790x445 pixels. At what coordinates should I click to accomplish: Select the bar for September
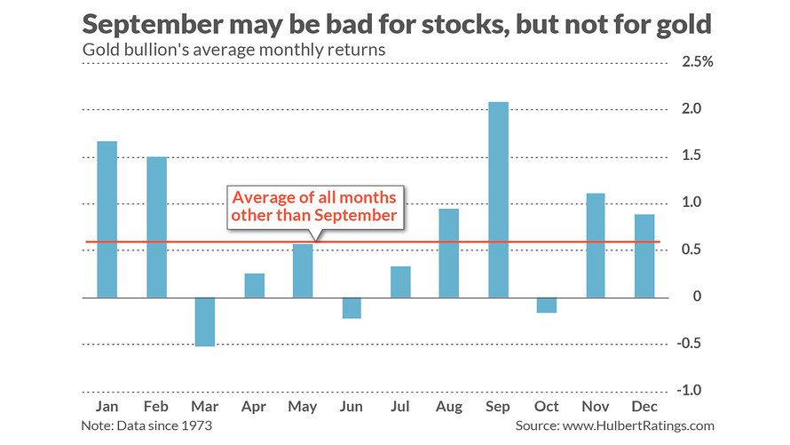pyautogui.click(x=498, y=200)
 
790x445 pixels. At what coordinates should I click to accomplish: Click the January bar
pyautogui.click(x=107, y=219)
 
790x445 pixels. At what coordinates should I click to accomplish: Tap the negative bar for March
pyautogui.click(x=205, y=322)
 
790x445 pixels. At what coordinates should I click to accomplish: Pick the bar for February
pyautogui.click(x=156, y=226)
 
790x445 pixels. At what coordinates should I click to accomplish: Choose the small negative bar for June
pyautogui.click(x=352, y=307)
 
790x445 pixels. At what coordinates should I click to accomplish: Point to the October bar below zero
pyautogui.click(x=547, y=305)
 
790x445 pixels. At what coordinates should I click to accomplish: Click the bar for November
pyautogui.click(x=596, y=245)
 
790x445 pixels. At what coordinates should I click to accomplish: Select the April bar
pyautogui.click(x=254, y=285)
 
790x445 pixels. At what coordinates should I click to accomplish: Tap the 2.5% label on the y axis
pyautogui.click(x=695, y=62)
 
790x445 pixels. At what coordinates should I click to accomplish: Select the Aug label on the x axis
pyautogui.click(x=449, y=406)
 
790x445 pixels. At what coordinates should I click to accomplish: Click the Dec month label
pyautogui.click(x=645, y=406)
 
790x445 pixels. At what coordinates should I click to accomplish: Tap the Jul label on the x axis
pyautogui.click(x=400, y=406)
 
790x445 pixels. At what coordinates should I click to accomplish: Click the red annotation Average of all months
pyautogui.click(x=314, y=196)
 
